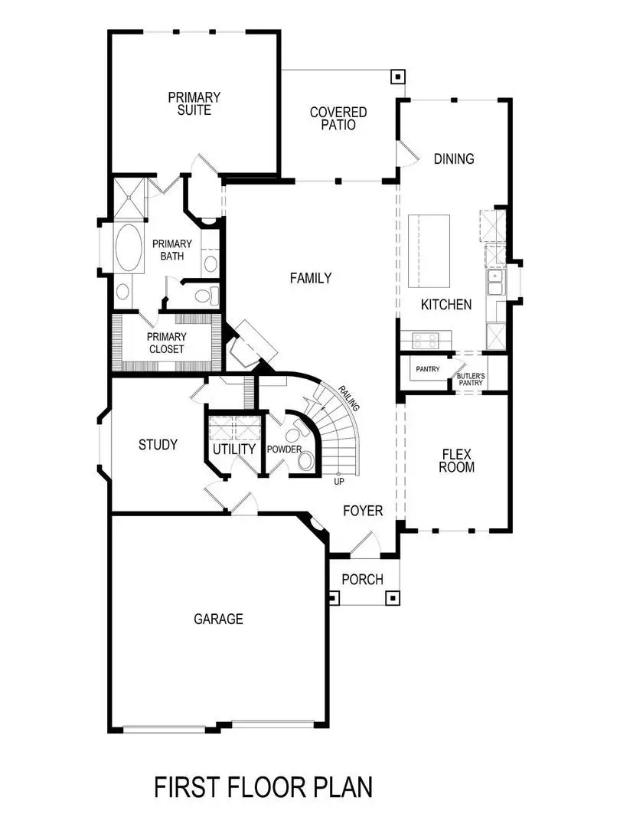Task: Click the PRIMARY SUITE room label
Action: [194, 103]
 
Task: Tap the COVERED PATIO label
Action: [338, 118]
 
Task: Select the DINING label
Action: [454, 159]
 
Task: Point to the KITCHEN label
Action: [446, 305]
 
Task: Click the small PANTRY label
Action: [427, 369]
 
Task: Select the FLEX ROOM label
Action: [458, 459]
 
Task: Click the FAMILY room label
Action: [311, 278]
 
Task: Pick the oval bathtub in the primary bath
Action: [128, 247]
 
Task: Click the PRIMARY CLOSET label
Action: [166, 342]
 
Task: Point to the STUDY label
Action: [158, 445]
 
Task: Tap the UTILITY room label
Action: [234, 449]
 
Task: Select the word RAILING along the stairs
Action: [349, 398]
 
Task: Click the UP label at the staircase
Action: [338, 482]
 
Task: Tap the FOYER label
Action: [362, 511]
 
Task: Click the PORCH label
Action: [362, 580]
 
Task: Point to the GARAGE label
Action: [218, 619]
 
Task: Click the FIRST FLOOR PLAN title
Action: [263, 787]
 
